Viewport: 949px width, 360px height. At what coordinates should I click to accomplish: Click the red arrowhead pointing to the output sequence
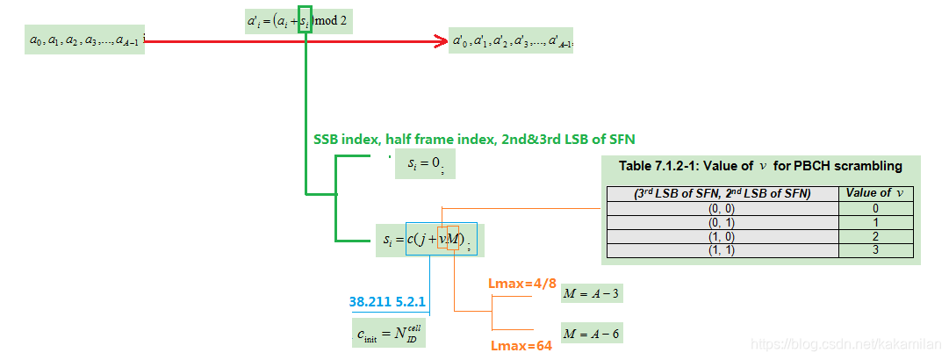point(442,40)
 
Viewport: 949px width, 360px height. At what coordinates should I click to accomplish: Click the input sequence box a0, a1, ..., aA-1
point(84,40)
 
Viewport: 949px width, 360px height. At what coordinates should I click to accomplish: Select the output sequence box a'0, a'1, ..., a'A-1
point(511,40)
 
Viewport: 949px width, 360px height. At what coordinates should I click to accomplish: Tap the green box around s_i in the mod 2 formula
point(305,20)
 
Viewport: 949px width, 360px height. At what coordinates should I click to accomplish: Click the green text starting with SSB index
point(474,139)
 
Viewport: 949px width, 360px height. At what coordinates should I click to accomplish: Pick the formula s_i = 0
point(426,163)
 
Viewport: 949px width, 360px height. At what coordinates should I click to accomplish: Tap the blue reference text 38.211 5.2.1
point(387,302)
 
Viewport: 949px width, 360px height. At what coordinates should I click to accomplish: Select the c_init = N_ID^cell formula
point(392,334)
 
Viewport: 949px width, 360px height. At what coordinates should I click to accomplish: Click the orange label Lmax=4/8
point(521,284)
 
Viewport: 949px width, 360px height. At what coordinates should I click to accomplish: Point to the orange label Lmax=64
point(521,346)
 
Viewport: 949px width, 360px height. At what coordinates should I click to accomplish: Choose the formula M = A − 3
point(592,293)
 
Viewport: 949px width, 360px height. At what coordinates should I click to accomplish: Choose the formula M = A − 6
point(592,334)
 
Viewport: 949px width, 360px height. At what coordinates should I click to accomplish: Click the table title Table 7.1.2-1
point(759,165)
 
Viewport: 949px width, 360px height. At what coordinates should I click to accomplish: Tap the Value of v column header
point(876,193)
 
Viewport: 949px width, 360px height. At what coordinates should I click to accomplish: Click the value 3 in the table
point(876,250)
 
